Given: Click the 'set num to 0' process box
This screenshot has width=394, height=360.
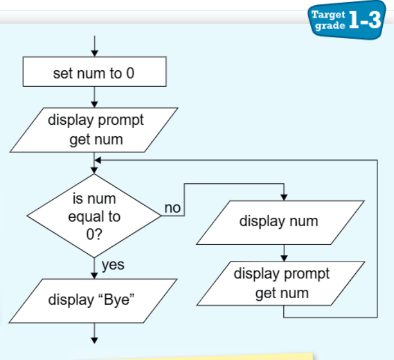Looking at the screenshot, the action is (94, 71).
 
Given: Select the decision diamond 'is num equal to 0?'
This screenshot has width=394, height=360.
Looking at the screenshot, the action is (94, 215).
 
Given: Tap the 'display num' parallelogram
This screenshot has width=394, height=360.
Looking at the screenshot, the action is (280, 223).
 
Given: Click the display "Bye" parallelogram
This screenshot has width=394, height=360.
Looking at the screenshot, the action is (93, 301).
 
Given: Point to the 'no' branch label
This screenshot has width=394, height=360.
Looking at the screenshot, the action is (173, 208).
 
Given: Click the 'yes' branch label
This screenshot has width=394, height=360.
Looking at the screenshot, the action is (113, 265).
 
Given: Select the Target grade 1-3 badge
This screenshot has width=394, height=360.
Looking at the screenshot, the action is (347, 20).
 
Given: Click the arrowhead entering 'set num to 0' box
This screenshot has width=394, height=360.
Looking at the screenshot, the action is (94, 53).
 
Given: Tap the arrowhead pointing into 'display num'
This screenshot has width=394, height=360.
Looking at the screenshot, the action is (284, 197).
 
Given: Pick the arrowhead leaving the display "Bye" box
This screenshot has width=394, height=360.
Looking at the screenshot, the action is (94, 340).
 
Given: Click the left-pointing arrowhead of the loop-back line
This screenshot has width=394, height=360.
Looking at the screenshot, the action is (98, 160).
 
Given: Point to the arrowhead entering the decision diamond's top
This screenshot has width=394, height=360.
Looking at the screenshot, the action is (94, 170).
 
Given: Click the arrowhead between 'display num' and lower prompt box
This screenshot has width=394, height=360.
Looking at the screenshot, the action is (284, 258).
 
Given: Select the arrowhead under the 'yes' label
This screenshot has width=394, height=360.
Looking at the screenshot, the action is (94, 275).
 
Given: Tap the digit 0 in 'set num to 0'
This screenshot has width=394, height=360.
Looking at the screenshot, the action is (130, 73).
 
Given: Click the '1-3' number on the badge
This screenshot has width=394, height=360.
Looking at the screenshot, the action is (365, 20).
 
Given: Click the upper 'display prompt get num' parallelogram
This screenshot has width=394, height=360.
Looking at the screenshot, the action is (94, 130).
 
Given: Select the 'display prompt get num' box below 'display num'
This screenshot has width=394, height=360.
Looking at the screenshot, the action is (281, 283).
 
